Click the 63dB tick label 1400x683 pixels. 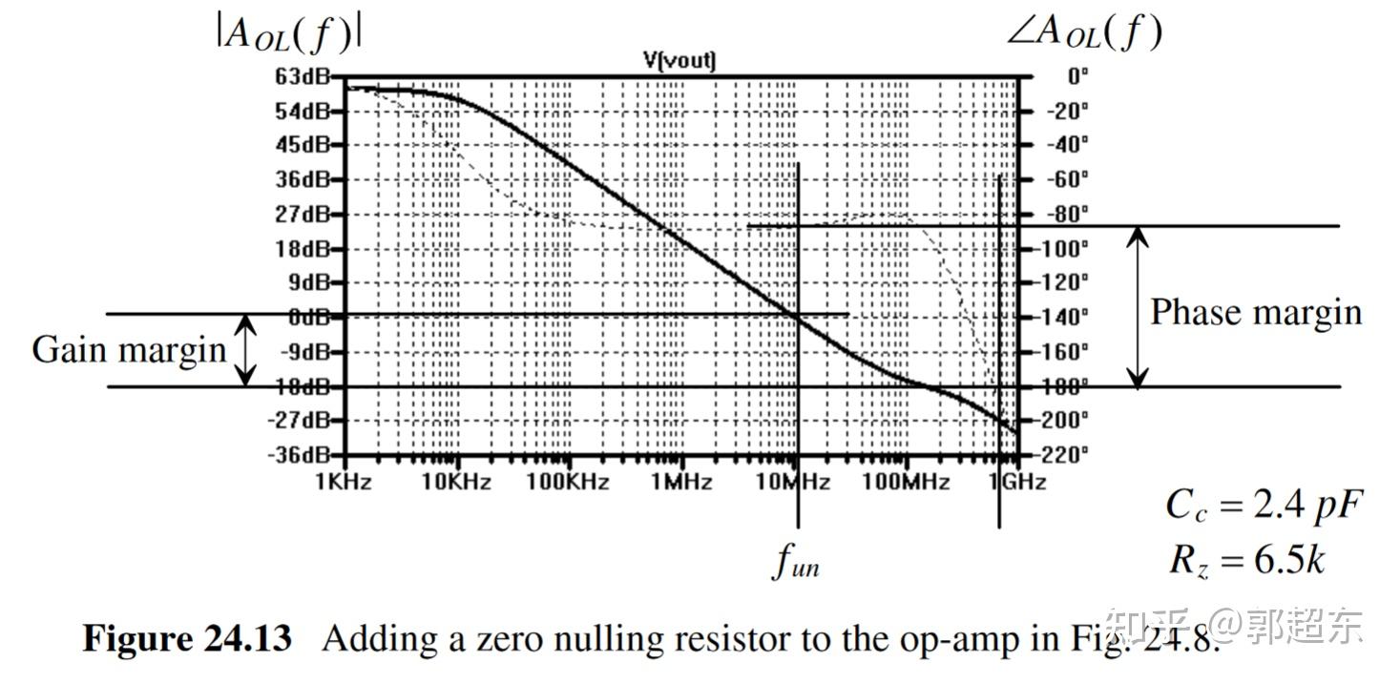301,76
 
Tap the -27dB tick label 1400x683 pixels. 301,420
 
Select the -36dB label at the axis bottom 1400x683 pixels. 301,454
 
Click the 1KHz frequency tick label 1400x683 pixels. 344,482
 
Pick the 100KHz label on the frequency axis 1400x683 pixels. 568,482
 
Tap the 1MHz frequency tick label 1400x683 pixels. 681,482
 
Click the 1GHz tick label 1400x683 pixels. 1016,482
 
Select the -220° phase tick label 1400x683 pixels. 1064,454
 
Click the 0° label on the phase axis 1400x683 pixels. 1076,76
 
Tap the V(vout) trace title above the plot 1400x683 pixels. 679,61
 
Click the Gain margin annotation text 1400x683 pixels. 129,349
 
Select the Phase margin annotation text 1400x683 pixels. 1255,313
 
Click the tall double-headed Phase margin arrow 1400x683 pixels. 1138,307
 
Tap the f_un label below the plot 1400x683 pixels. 796,563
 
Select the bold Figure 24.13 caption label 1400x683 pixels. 187,638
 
